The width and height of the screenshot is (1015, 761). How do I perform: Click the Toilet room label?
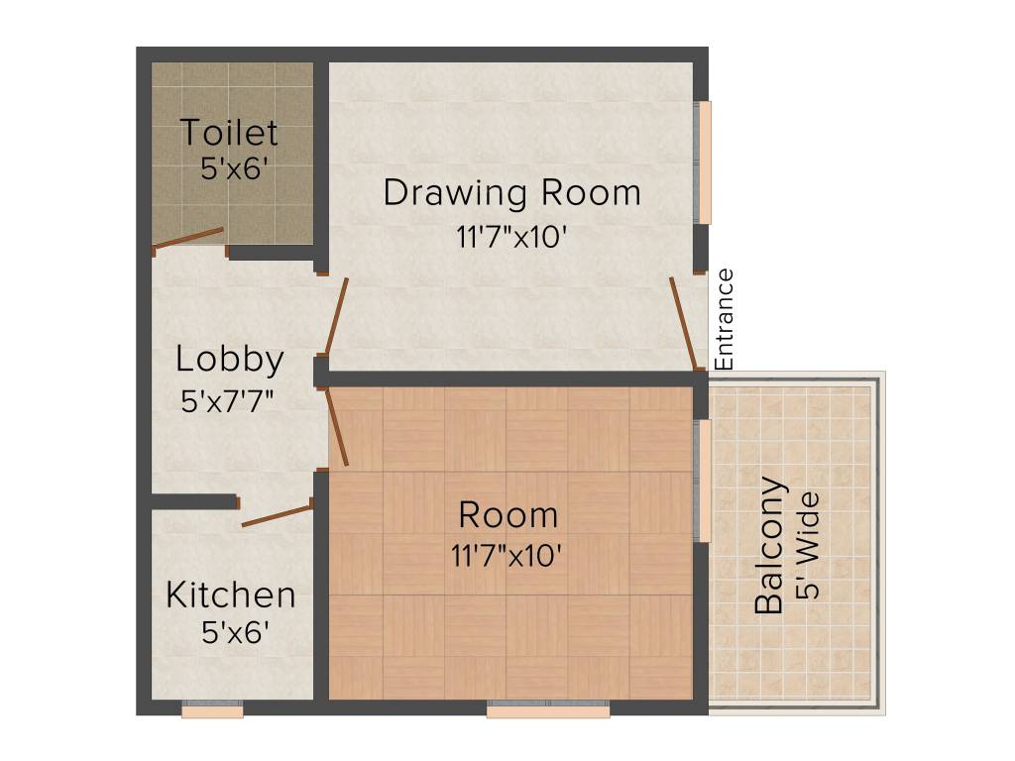click(x=229, y=132)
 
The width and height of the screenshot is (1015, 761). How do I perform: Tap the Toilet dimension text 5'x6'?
click(x=234, y=168)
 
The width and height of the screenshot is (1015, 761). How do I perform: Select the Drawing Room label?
click(x=511, y=192)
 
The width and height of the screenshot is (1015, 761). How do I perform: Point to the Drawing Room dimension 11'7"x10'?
click(x=511, y=238)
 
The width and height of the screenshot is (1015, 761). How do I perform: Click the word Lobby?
click(x=230, y=360)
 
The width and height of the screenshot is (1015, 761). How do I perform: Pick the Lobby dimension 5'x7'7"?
click(x=228, y=401)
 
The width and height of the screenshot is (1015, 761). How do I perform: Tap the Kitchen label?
click(x=231, y=596)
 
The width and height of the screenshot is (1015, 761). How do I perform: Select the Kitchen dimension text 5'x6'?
click(x=235, y=632)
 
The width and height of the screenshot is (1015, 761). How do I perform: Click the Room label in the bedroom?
click(x=508, y=515)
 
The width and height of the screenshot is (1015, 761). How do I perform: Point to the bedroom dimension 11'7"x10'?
click(x=507, y=556)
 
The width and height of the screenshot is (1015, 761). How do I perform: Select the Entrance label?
click(x=725, y=319)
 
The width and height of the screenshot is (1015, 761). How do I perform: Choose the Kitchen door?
click(x=278, y=514)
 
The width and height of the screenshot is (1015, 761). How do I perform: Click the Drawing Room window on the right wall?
click(x=705, y=162)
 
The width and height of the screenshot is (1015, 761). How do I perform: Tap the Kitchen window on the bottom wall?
click(x=212, y=709)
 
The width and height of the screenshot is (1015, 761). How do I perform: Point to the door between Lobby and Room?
click(x=337, y=427)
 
